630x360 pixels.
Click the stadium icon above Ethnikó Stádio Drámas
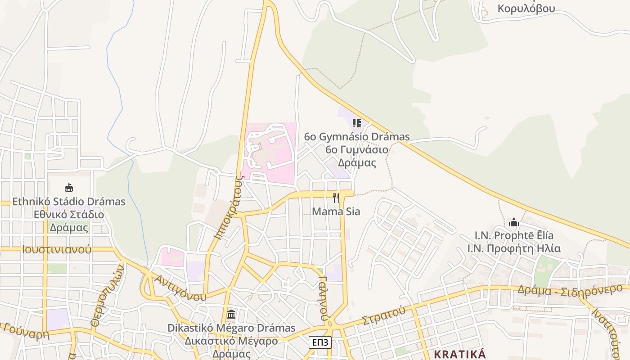(x=68, y=188)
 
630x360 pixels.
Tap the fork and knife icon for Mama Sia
(x=336, y=198)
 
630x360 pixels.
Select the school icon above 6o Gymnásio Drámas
(x=357, y=123)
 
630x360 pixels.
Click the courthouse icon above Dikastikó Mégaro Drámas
(x=231, y=314)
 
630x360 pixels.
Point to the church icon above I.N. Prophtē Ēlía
(x=513, y=222)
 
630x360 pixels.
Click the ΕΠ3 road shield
(x=320, y=342)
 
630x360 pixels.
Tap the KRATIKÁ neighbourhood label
(x=459, y=354)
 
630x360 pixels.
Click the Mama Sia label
(x=336, y=211)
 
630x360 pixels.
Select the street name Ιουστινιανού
(x=56, y=249)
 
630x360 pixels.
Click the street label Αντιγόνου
(x=180, y=288)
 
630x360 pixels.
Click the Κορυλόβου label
(x=526, y=8)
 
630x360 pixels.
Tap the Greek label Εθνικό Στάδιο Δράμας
(x=69, y=221)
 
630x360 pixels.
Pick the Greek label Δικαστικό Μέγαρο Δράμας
(x=231, y=347)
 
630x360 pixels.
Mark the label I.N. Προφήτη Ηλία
(x=513, y=248)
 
